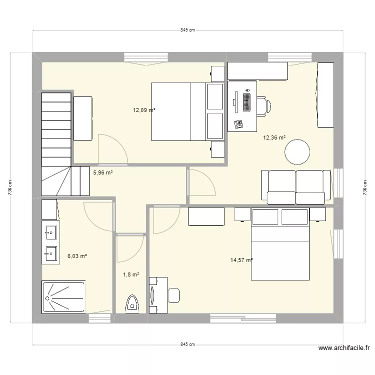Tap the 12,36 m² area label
pyautogui.click(x=274, y=137)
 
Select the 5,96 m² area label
pyautogui.click(x=103, y=173)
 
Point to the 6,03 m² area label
pyautogui.click(x=77, y=256)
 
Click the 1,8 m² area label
pyautogui.click(x=130, y=274)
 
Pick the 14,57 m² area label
pyautogui.click(x=241, y=260)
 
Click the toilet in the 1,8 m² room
pyautogui.click(x=132, y=303)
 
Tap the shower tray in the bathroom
pyautogui.click(x=63, y=297)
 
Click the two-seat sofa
pyautogui.click(x=295, y=187)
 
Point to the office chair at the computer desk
pyautogui.click(x=264, y=105)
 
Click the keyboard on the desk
pyautogui.click(x=246, y=102)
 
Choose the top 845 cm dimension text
pyautogui.click(x=187, y=30)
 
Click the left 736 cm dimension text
pyautogui.click(x=10, y=188)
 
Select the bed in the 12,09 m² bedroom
pyautogui.click(x=179, y=111)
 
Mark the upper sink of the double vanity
pyautogui.click(x=50, y=232)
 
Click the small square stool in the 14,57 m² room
pyautogui.click(x=174, y=295)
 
